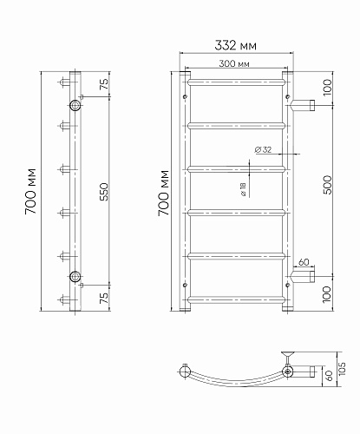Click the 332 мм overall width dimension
tap(235, 45)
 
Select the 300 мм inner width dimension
tap(234, 63)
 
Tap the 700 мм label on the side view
tap(30, 191)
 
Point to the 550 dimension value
tap(104, 192)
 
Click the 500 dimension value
tap(328, 185)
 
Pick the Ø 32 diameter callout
tap(263, 149)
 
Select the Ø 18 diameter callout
tap(243, 189)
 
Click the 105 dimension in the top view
tap(342, 369)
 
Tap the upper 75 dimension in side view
tap(104, 84)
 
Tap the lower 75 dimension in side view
tap(104, 298)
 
